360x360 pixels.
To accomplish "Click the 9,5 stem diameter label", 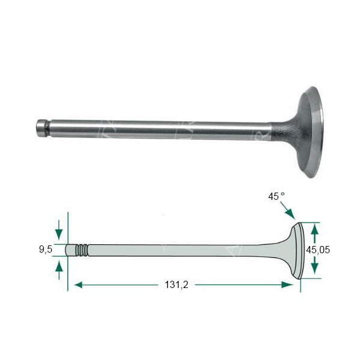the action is pos(46,249).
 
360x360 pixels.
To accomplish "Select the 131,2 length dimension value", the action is pos(176,285).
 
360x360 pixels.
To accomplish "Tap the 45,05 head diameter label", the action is pos(318,250).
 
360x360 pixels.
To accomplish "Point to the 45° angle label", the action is pos(277,197).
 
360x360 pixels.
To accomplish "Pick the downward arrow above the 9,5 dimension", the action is pos(59,230).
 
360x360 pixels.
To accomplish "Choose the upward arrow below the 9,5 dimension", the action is pos(59,271).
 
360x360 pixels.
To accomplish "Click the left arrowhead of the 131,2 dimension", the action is pos(79,285).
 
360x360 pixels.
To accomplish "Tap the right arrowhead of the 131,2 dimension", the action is pos(287,285).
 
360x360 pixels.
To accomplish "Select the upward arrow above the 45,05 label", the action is pos(314,233).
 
